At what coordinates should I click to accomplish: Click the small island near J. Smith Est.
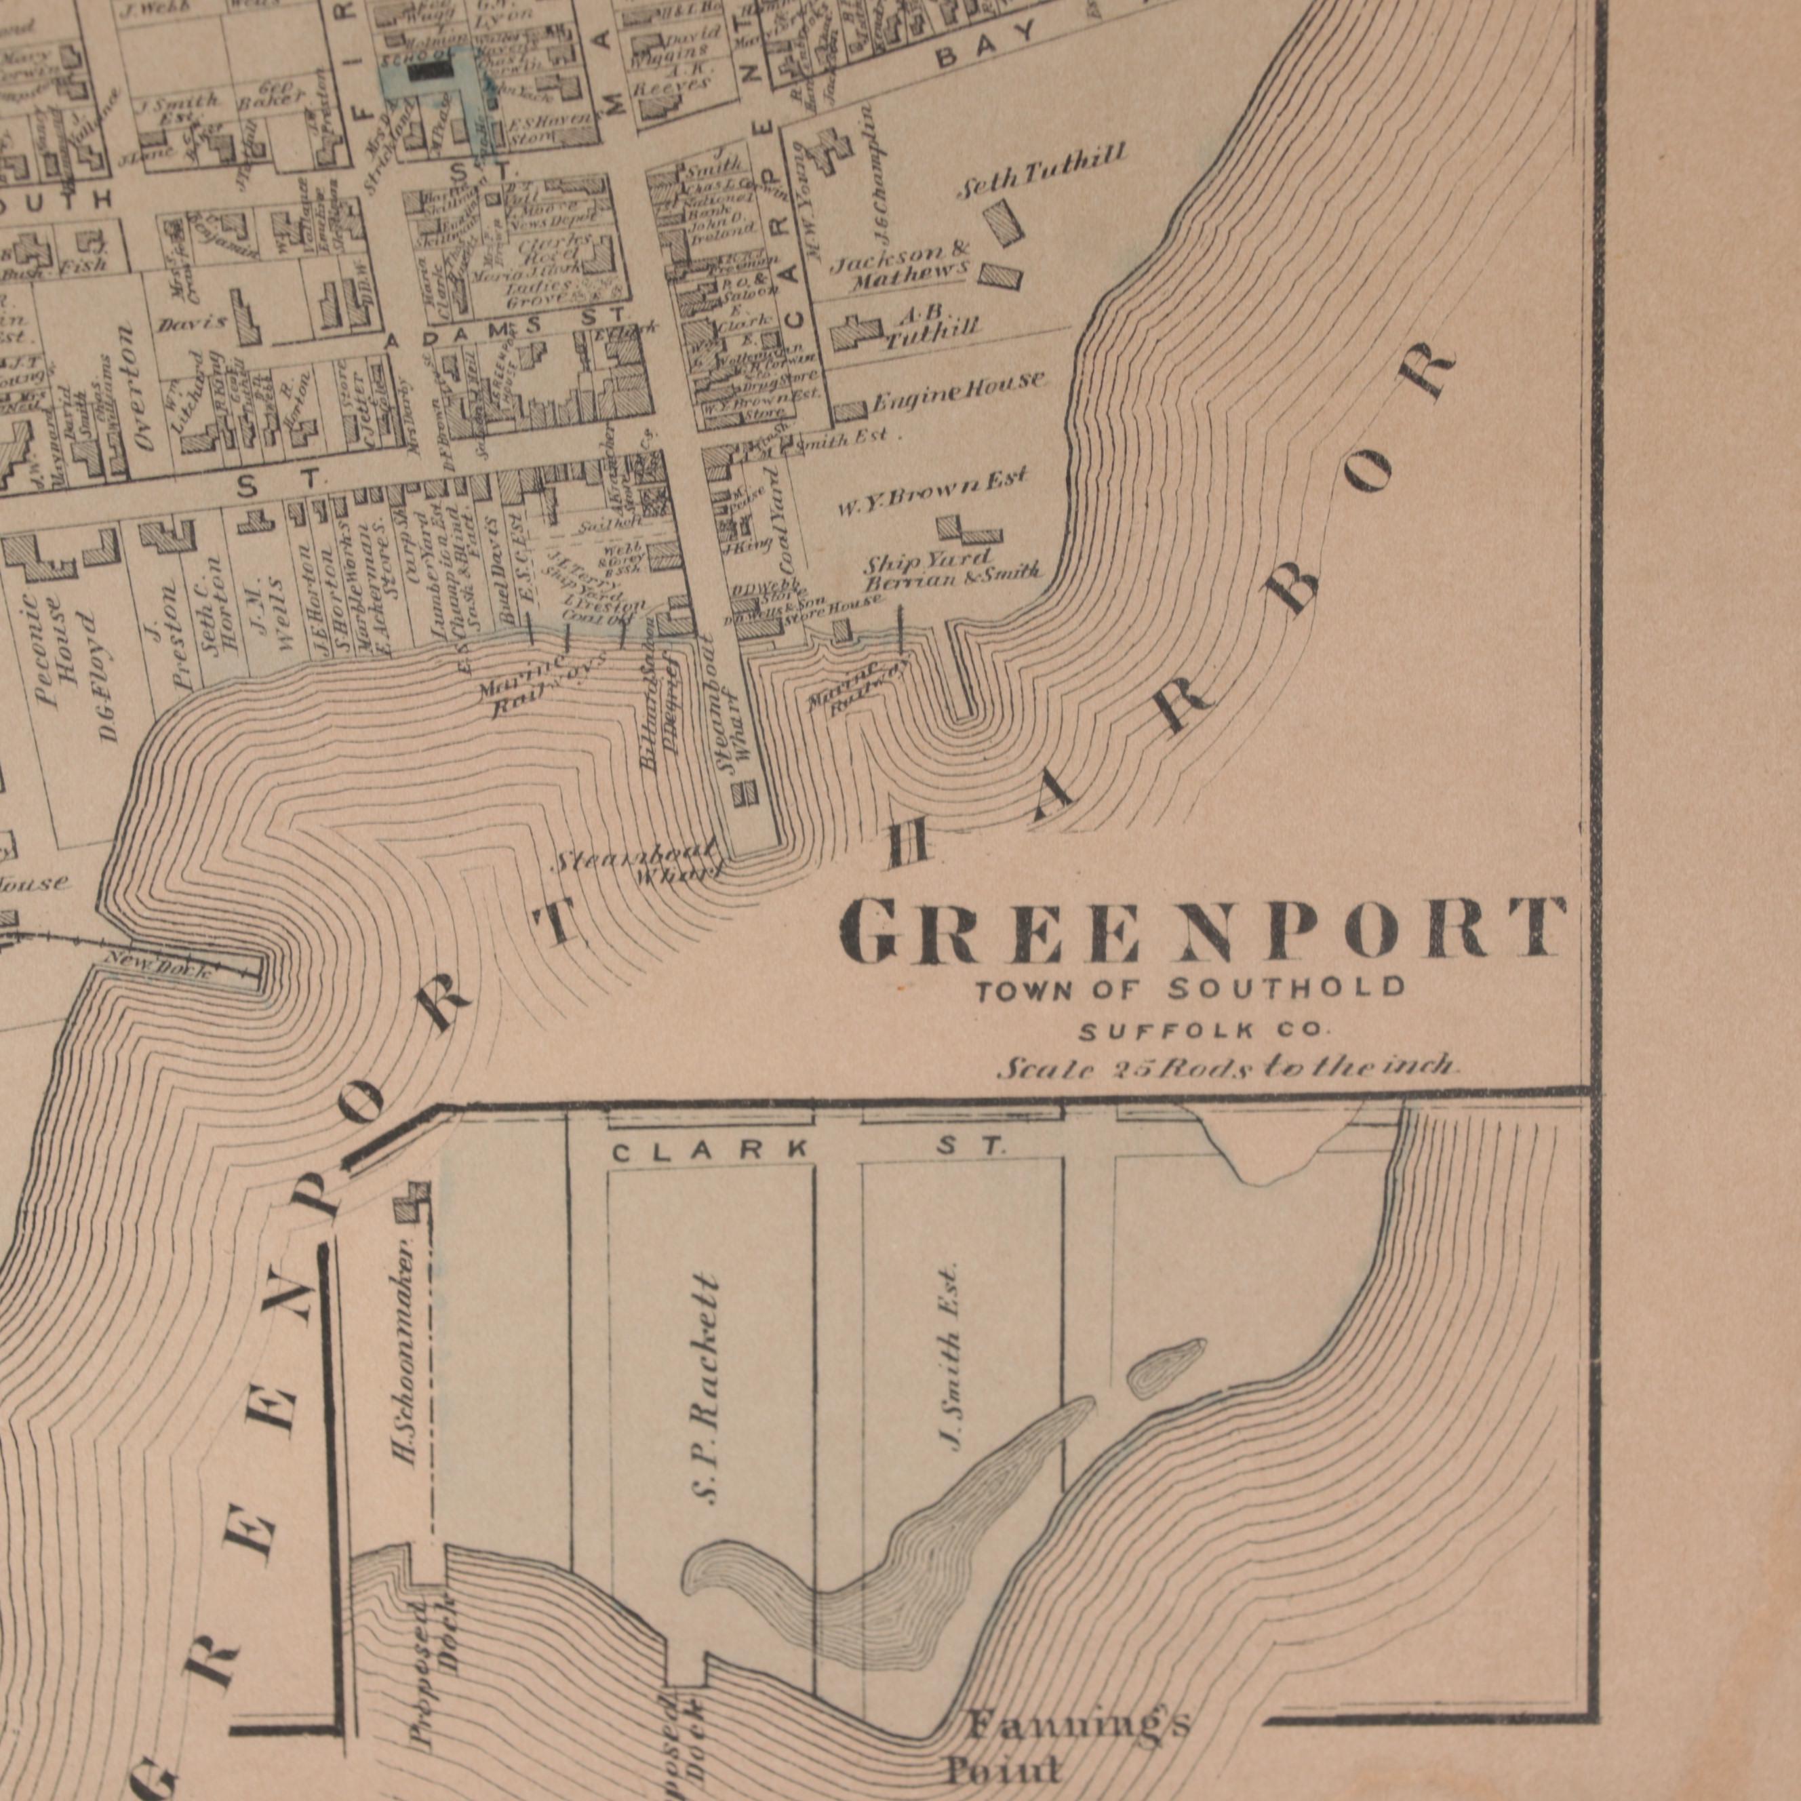tap(1165, 1368)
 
